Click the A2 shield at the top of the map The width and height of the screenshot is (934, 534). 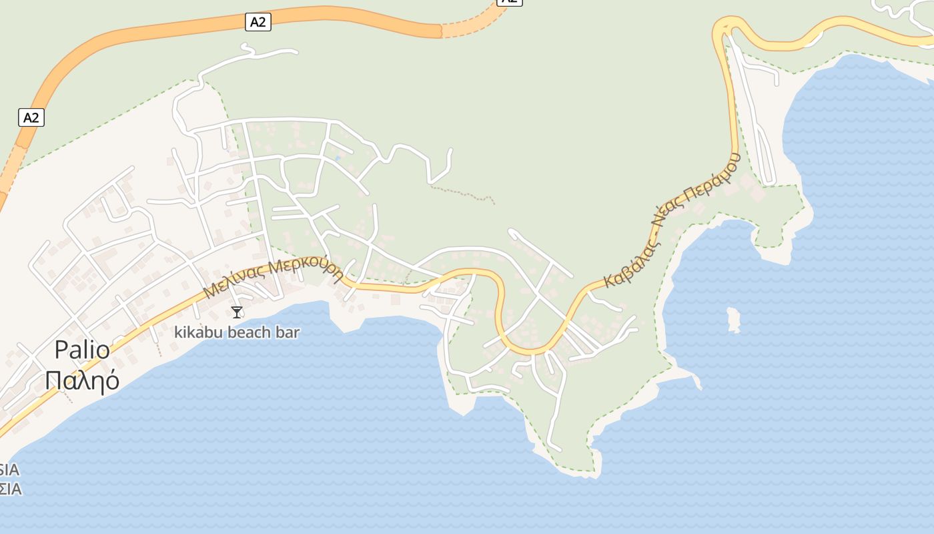tap(258, 22)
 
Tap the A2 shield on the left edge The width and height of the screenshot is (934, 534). tap(31, 118)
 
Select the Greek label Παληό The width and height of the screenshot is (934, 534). tap(83, 380)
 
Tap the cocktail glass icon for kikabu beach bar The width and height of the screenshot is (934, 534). tap(237, 312)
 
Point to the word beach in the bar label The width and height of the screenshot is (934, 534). tap(248, 332)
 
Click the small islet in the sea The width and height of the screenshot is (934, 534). tap(733, 320)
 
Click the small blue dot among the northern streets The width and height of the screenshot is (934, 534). tap(338, 158)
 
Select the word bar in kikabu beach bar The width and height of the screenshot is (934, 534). tap(288, 332)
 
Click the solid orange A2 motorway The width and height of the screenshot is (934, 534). tap(133, 38)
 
